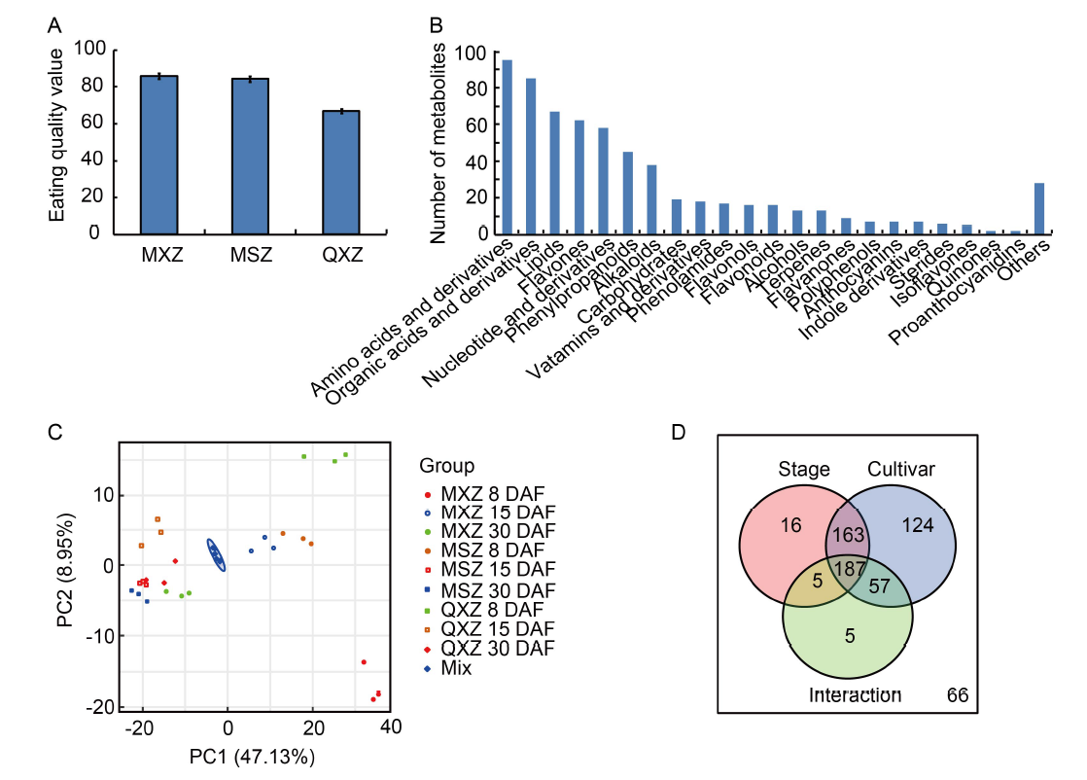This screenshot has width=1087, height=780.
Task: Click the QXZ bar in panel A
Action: click(x=341, y=172)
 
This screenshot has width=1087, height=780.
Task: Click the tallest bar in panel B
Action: click(x=507, y=147)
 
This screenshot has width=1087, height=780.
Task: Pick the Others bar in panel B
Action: click(x=1039, y=208)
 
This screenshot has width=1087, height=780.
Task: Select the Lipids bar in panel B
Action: click(x=554, y=172)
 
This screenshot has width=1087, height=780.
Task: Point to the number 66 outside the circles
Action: click(x=958, y=694)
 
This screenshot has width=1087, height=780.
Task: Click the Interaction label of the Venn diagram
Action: click(x=856, y=694)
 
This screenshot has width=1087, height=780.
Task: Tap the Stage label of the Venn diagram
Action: click(x=804, y=470)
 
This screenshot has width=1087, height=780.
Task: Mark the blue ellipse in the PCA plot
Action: click(x=217, y=555)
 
